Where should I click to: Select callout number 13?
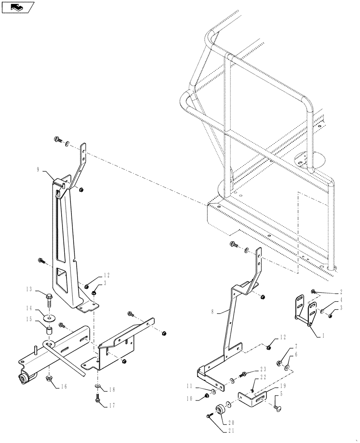tap(30, 290)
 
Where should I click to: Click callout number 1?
tap(323, 336)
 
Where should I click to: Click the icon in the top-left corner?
tap(17, 7)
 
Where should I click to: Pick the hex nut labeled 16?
tap(48, 378)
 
